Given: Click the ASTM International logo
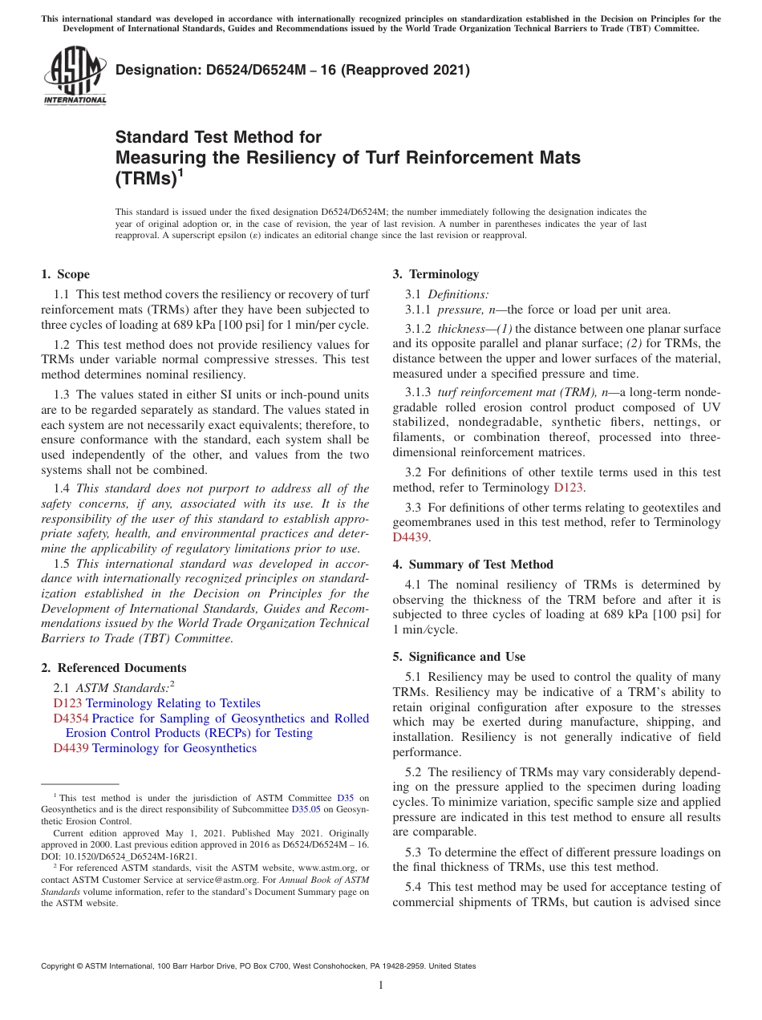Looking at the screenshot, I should [x=74, y=75].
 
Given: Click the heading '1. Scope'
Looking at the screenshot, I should [x=66, y=274].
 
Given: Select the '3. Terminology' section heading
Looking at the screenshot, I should [x=436, y=274].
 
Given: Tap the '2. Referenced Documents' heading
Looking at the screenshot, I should [x=114, y=668].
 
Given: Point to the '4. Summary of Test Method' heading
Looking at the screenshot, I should [x=472, y=565].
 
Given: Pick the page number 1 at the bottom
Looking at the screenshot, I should [x=381, y=986].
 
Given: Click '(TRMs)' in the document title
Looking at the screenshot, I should [x=145, y=179].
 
